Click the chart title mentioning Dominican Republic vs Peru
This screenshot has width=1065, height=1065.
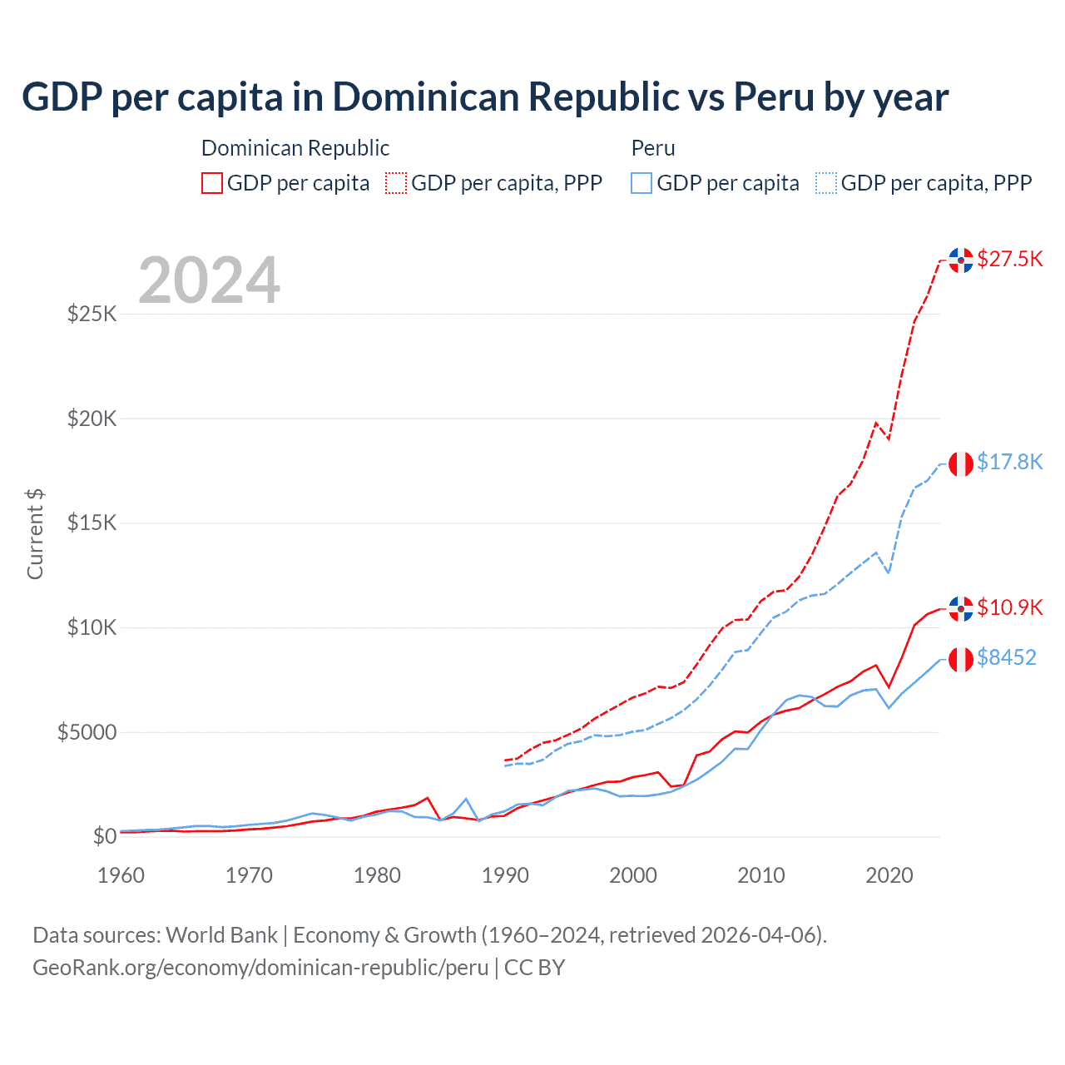point(484,97)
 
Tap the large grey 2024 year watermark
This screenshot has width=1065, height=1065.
point(209,280)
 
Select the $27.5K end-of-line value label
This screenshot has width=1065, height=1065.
point(1009,259)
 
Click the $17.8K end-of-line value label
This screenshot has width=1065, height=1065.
point(1009,462)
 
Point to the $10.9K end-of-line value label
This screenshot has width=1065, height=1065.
point(1009,607)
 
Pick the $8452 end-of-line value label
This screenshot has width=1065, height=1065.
point(1006,657)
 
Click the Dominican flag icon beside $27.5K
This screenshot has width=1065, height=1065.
point(961,260)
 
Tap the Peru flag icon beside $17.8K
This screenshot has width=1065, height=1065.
point(961,463)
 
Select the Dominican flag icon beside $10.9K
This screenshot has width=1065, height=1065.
point(961,608)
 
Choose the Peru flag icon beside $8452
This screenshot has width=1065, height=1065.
point(961,659)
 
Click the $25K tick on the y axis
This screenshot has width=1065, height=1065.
point(92,315)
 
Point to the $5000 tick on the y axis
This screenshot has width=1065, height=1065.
point(87,732)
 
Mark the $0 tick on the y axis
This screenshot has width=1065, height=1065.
point(104,836)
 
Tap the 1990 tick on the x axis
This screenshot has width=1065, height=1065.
point(505,875)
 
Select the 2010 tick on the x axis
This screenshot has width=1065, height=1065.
point(761,875)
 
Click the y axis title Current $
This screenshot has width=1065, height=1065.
point(35,534)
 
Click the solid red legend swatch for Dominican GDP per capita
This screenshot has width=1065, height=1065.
point(212,183)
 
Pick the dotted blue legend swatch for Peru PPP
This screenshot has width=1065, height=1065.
point(826,183)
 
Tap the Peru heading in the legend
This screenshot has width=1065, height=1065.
point(653,148)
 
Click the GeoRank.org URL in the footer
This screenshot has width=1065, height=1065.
point(260,968)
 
